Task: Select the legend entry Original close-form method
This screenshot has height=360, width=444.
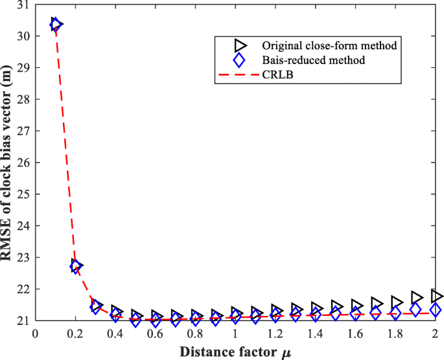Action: pyautogui.click(x=329, y=45)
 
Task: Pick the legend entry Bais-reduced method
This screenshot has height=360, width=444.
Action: pyautogui.click(x=314, y=60)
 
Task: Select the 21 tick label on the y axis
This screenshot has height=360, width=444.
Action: pyautogui.click(x=24, y=321)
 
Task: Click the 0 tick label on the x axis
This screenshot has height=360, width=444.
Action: pyautogui.click(x=35, y=333)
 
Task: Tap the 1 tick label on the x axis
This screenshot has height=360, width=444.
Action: pyautogui.click(x=235, y=333)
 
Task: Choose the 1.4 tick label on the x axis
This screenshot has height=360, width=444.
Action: pyautogui.click(x=316, y=333)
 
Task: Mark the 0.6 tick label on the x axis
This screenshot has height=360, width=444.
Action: pyautogui.click(x=155, y=333)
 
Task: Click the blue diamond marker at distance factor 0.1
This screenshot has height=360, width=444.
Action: pyautogui.click(x=55, y=25)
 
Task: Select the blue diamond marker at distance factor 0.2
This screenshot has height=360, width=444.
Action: pyautogui.click(x=75, y=266)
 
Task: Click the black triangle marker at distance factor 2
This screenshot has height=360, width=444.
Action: pyautogui.click(x=437, y=296)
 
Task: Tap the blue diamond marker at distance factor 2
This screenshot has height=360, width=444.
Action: pyautogui.click(x=436, y=310)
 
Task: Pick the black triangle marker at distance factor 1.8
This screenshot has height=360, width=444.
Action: pyautogui.click(x=397, y=302)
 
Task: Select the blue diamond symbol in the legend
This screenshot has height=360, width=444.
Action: pyautogui.click(x=239, y=60)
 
